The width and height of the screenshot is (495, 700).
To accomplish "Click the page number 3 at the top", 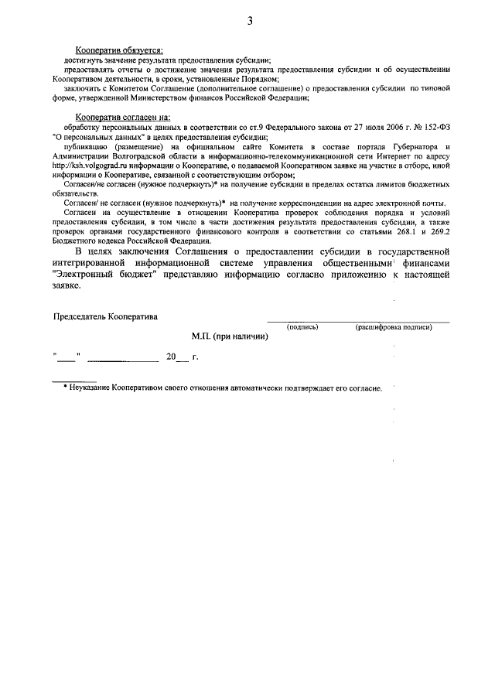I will (x=250, y=21).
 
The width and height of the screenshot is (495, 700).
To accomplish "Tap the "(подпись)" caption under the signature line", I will (x=302, y=327).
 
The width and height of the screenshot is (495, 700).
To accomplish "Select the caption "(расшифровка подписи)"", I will (x=393, y=327).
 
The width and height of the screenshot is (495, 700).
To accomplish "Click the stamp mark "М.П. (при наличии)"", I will (x=230, y=336).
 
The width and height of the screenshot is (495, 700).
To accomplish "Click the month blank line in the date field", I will (x=123, y=360).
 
